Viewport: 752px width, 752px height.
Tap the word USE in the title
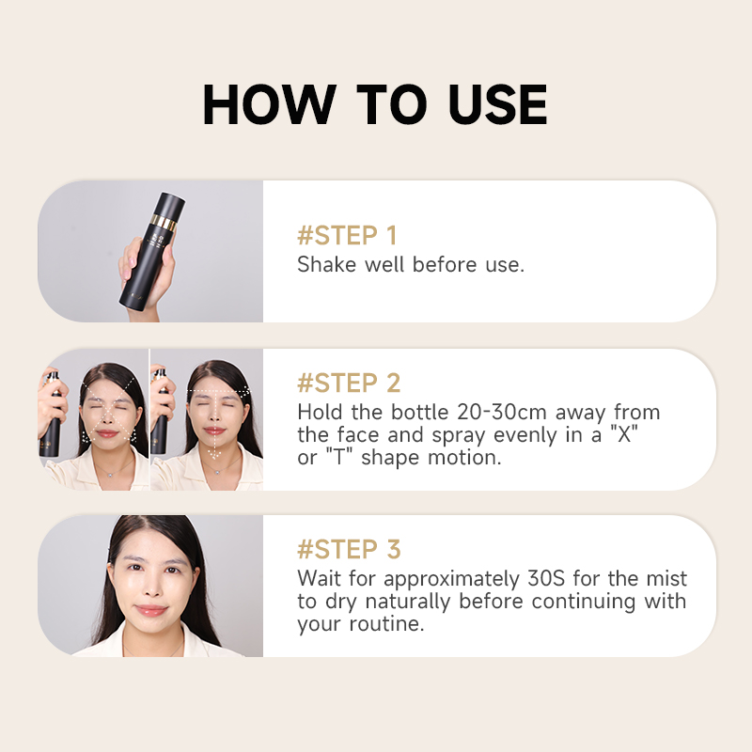(x=498, y=104)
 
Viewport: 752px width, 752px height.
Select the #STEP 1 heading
(x=347, y=236)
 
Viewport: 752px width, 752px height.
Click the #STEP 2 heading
(x=349, y=383)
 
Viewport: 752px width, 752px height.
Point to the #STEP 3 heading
(x=349, y=549)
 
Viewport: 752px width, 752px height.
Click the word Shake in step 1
(x=326, y=264)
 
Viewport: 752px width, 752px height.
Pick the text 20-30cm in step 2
(x=501, y=412)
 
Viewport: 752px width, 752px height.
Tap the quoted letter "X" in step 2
(x=624, y=434)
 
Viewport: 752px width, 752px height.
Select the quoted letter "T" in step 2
(x=339, y=457)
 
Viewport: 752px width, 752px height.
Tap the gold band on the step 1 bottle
(x=164, y=223)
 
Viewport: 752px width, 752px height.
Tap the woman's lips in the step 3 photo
(x=151, y=610)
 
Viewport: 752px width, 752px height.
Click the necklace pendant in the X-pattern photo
(x=111, y=475)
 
